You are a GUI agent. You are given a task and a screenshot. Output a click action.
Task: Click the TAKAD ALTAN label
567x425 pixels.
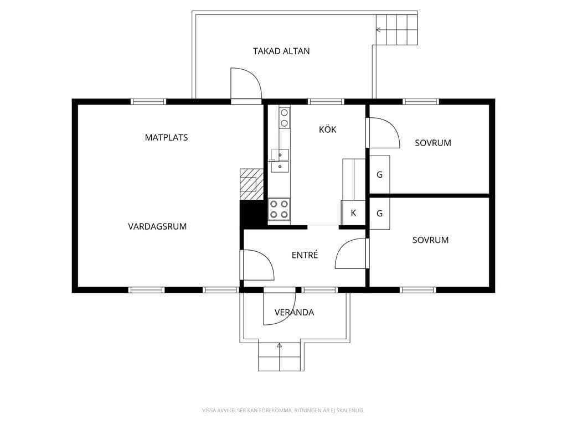pos(281,51)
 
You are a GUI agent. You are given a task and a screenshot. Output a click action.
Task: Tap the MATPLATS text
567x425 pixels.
pos(166,137)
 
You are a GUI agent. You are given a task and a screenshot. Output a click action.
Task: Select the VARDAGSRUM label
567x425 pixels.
pos(157,226)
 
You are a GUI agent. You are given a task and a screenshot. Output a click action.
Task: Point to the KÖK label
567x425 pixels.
pos(328,129)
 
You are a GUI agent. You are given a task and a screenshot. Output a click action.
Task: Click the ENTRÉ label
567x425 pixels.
pos(305,255)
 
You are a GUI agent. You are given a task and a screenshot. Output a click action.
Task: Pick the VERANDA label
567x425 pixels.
pos(294,312)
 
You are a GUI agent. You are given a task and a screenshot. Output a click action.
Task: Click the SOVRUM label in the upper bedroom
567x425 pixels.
pos(433,143)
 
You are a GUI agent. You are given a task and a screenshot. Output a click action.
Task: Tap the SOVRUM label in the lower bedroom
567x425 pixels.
pos(430,240)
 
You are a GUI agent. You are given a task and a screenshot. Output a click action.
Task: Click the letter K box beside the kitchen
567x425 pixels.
pos(353,213)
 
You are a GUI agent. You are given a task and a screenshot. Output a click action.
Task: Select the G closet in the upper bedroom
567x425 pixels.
pos(379,174)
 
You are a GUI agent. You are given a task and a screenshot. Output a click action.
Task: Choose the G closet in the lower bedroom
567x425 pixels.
pos(379,213)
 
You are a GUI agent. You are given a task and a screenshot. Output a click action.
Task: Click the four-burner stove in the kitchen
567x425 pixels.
pos(279,209)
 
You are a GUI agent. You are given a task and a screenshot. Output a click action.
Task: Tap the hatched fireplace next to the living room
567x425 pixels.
pos(251,184)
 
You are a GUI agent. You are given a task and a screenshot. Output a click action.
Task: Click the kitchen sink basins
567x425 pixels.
pos(280,160)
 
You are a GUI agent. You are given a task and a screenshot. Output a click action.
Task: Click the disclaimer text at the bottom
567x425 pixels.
pos(283,410)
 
